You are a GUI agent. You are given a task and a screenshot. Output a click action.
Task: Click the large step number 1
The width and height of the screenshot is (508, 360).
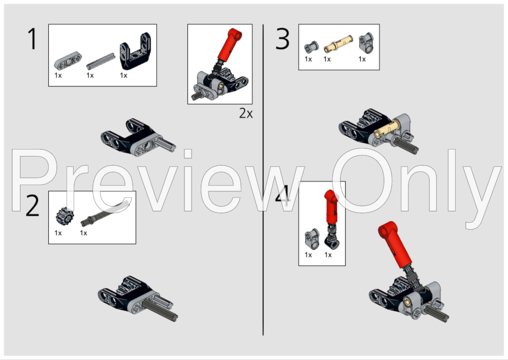click(33, 39)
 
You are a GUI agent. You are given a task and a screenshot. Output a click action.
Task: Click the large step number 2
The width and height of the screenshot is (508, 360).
click(33, 206)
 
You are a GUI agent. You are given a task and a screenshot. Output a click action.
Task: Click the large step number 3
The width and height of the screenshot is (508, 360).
click(282, 39)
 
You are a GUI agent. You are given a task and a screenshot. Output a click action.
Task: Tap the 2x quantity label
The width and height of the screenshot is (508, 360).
click(246, 113)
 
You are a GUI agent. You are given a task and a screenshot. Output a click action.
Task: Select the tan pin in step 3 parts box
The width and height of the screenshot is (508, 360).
click(338, 44)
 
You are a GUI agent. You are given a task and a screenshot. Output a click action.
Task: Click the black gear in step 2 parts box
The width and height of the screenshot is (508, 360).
click(66, 216)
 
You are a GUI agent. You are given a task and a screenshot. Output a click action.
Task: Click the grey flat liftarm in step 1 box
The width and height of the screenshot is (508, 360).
click(68, 61)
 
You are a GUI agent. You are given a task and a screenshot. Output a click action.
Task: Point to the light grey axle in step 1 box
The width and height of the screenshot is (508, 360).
click(101, 61)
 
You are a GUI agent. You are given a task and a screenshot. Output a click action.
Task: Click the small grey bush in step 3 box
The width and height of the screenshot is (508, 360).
click(312, 47)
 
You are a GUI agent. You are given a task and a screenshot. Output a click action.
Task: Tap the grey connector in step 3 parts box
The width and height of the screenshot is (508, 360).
click(366, 43)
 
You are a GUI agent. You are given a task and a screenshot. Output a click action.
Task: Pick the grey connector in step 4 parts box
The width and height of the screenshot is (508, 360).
click(312, 239)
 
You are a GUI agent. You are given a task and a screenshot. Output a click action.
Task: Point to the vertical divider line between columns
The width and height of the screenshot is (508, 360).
click(263, 179)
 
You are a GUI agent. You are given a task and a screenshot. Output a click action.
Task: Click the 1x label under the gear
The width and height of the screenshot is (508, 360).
click(58, 233)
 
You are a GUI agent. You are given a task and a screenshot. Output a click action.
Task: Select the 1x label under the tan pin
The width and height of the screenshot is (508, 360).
click(327, 59)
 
